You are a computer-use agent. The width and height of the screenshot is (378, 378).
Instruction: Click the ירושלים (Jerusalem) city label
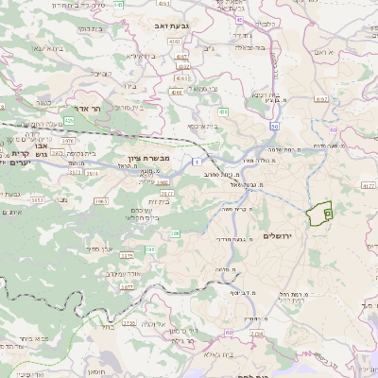coord(279,235)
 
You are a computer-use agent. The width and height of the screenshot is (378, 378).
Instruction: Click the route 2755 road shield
coord(129,323)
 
